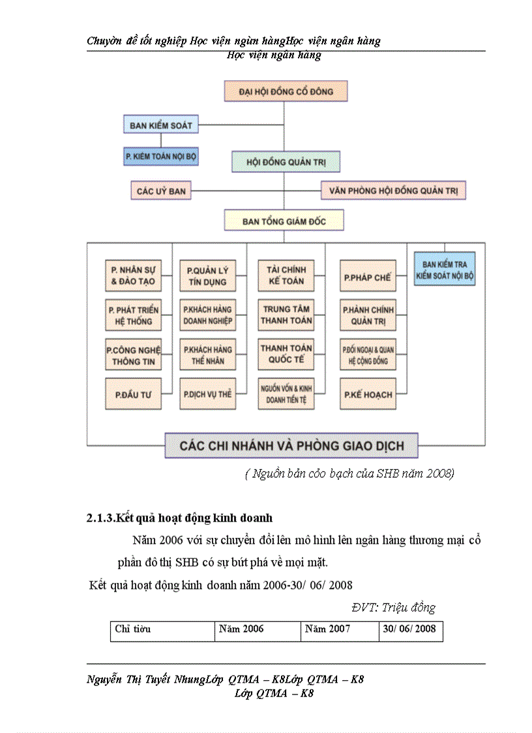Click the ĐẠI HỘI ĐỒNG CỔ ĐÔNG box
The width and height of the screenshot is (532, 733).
pos(286,91)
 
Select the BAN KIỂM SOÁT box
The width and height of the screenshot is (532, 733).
pos(160,124)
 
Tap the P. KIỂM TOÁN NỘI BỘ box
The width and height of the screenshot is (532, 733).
pos(160,157)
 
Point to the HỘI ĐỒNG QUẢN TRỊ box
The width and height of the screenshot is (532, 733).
pos(286,161)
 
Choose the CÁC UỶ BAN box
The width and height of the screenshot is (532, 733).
pos(160,191)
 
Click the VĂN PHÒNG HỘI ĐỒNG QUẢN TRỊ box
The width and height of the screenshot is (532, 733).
pos(393,191)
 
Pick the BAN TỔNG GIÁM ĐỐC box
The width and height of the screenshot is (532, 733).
pos(284,221)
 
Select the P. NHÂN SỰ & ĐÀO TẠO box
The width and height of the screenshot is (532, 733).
pos(133,275)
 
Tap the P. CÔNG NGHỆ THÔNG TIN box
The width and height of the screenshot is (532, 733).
pos(133,356)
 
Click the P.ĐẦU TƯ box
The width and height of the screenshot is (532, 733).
pos(133,394)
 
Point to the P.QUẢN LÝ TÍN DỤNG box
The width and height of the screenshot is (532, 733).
pos(207,275)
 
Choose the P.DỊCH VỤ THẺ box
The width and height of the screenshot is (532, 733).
pos(207,394)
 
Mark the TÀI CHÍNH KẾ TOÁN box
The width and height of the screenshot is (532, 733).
pos(286,275)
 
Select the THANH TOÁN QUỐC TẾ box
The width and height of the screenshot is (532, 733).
pos(286,354)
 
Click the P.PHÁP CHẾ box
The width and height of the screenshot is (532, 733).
pos(367,277)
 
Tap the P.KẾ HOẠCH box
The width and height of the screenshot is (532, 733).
pos(367,394)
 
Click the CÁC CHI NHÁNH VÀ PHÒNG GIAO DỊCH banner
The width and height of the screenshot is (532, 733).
pos(291,446)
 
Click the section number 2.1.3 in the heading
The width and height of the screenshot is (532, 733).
pos(100,519)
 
